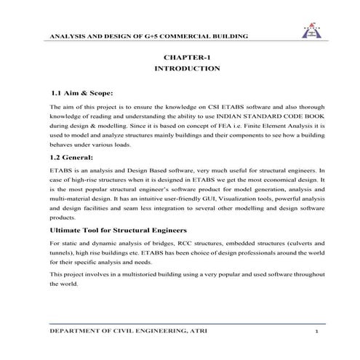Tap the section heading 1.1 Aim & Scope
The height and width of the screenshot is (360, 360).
point(82,94)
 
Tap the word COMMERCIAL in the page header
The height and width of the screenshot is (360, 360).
point(190,36)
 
